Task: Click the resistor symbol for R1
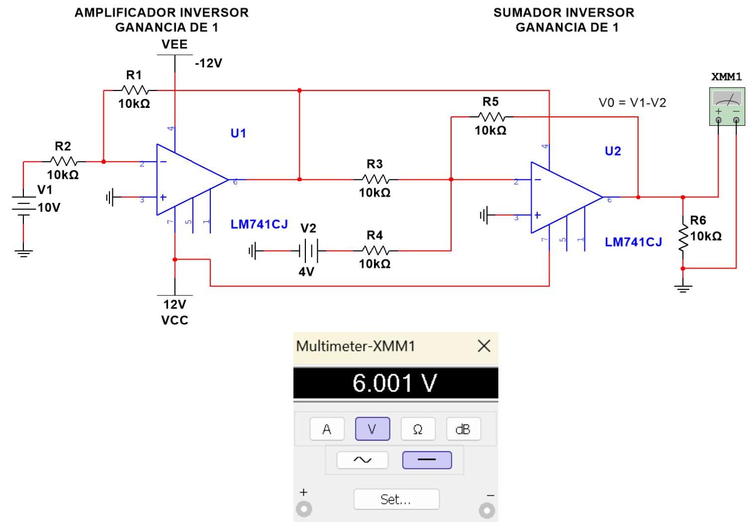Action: pos(135,90)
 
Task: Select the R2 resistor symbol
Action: pos(63,162)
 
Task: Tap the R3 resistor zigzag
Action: pos(375,179)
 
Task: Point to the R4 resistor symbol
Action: pos(375,251)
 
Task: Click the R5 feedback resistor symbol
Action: pos(491,117)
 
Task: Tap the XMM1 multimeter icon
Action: pos(727,106)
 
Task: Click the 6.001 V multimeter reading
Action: pos(395,383)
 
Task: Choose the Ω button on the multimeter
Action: pos(418,429)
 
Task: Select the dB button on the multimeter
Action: pos(463,429)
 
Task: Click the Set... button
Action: pos(396,499)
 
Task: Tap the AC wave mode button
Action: pos(362,460)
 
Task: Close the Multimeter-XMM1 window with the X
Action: pos(484,346)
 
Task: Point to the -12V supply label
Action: pos(208,63)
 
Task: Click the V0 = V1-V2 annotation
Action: pos(632,103)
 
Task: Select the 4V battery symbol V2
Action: pos(308,251)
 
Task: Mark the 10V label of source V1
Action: pos(49,208)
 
